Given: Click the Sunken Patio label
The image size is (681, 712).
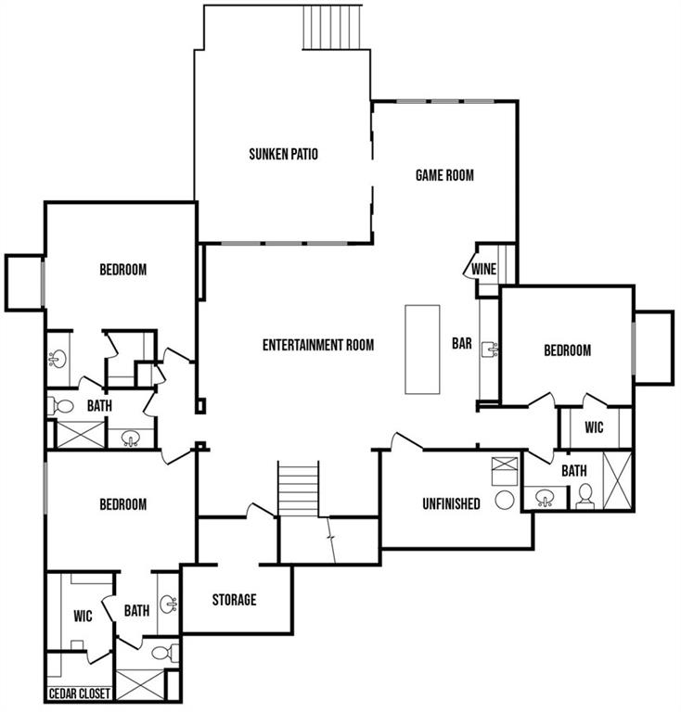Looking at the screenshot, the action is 284,154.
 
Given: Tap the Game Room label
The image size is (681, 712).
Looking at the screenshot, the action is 444,175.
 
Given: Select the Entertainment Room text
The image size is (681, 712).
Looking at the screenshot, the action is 318,345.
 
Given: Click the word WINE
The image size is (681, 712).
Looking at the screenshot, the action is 483,269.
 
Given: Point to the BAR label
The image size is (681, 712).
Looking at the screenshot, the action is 462,343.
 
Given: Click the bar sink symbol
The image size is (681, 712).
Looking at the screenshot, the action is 490,349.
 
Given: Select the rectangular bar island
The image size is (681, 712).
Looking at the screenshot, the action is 422,350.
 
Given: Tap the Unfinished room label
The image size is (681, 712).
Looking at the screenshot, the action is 451,503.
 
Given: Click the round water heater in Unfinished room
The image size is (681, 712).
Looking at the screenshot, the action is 505,500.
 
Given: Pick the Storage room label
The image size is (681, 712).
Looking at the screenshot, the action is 235,600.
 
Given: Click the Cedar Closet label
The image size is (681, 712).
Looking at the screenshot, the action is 80,693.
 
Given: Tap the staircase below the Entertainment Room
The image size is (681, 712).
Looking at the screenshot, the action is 298,489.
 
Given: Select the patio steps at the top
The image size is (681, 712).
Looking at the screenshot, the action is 332,26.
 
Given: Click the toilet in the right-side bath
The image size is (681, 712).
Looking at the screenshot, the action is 585,496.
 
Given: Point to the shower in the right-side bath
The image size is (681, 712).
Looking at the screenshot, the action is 617,481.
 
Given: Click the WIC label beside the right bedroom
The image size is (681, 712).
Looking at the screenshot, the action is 594,427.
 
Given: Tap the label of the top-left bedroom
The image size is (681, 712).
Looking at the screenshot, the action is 123,269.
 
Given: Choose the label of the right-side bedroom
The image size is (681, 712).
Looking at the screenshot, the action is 568,350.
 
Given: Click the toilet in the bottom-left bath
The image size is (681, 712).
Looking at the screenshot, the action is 164,653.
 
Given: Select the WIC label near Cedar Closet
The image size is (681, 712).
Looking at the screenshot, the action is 83,617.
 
